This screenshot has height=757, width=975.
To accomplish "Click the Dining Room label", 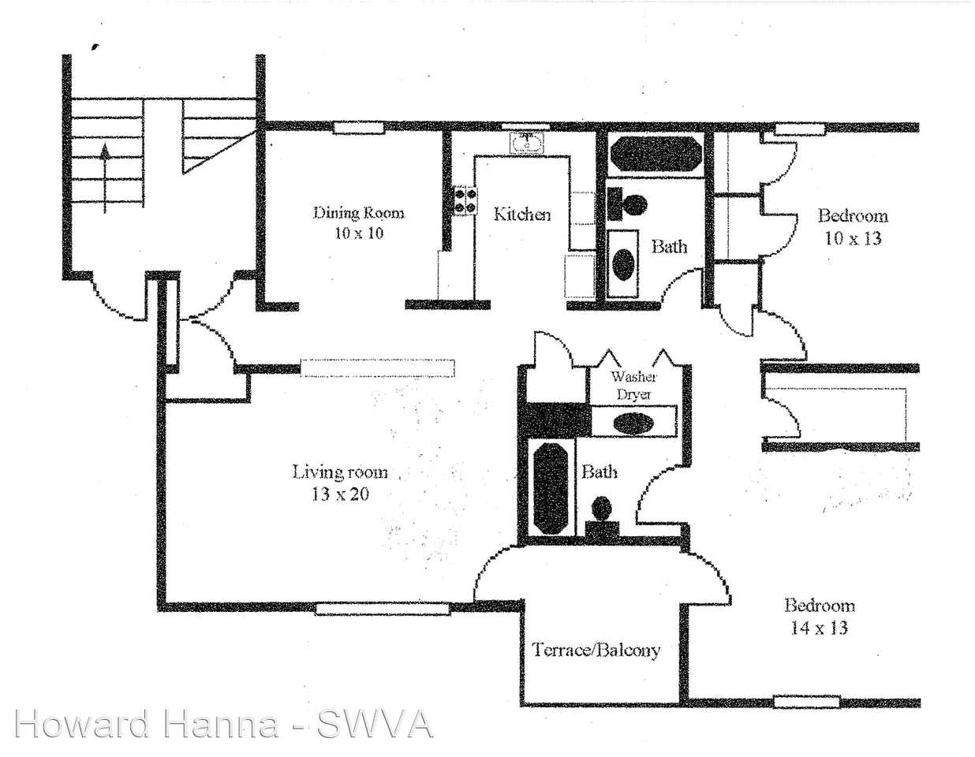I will tap(359, 212).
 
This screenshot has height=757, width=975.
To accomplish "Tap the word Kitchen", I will tap(522, 214).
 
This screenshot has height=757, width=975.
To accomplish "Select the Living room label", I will tap(340, 472).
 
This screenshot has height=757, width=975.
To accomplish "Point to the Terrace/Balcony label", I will tap(596, 650).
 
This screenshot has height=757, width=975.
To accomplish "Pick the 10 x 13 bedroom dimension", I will tap(853, 238).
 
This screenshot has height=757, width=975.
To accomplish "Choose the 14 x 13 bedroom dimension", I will tap(819, 628).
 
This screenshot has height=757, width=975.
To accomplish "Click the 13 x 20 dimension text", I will tap(341, 495).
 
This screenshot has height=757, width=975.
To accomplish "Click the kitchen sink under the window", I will tap(527, 143).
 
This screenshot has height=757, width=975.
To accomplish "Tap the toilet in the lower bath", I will tap(602, 514).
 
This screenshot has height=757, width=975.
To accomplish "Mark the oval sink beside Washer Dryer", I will tap(633, 422).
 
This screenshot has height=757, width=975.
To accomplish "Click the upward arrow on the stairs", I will tap(105, 177).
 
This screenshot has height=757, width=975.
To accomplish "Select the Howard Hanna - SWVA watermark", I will tap(223, 724).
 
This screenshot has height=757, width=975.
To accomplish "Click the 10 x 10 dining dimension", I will tap(359, 233).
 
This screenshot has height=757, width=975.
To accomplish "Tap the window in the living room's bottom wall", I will tap(383, 608).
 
